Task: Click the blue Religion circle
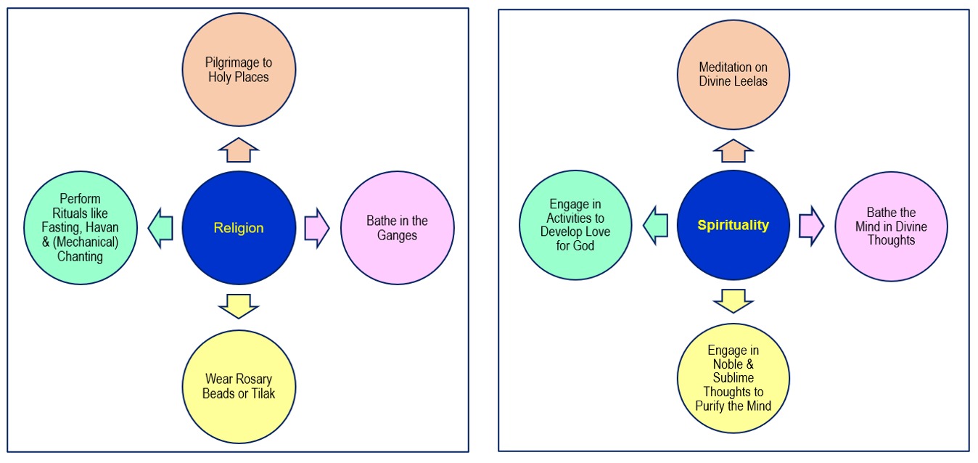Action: pyautogui.click(x=239, y=228)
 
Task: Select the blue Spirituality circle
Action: pyautogui.click(x=733, y=226)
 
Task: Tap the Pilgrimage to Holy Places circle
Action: pyautogui.click(x=239, y=70)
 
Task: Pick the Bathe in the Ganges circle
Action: pyautogui.click(x=397, y=228)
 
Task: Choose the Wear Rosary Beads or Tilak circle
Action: pyautogui.click(x=239, y=386)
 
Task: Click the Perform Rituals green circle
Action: pyautogui.click(x=81, y=228)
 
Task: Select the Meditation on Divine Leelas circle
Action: pyautogui.click(x=733, y=73)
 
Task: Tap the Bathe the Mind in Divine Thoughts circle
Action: pyautogui.click(x=891, y=226)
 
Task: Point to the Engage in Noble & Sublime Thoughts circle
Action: pyautogui.click(x=733, y=378)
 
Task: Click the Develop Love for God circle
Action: pyautogui.click(x=576, y=226)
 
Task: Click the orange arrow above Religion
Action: pyautogui.click(x=239, y=149)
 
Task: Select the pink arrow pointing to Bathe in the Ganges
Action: pyautogui.click(x=317, y=228)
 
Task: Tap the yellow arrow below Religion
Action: pyautogui.click(x=239, y=306)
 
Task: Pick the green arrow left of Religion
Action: pyautogui.click(x=161, y=228)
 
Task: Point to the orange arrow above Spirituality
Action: pyautogui.click(x=733, y=150)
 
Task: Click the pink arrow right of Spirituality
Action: pyautogui.click(x=812, y=226)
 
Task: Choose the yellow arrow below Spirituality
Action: pyautogui.click(x=733, y=300)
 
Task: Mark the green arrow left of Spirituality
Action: pyautogui.click(x=656, y=225)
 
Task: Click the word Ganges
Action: pyautogui.click(x=397, y=235)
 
